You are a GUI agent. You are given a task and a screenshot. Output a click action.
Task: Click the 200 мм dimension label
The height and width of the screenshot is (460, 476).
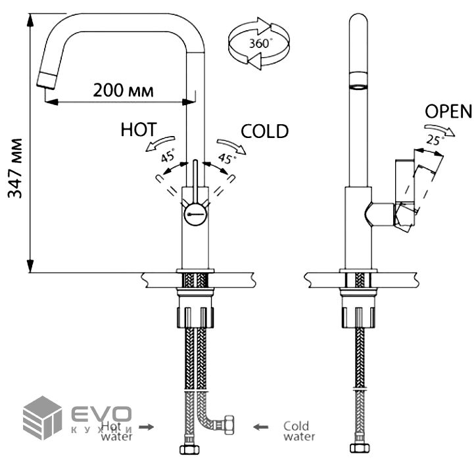click(124, 91)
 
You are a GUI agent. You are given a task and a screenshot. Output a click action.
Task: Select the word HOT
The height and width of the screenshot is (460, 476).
click(139, 129)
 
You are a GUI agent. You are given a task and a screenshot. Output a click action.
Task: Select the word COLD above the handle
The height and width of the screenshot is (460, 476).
click(264, 131)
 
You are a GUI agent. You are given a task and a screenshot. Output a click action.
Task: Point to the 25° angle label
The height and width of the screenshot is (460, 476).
click(433, 139)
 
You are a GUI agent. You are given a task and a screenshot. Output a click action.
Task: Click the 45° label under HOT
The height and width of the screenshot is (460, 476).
click(168, 156)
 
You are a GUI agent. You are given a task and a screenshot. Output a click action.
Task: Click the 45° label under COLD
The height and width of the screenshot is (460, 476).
click(226, 158)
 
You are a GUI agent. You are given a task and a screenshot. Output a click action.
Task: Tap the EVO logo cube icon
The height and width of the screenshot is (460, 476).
click(43, 417)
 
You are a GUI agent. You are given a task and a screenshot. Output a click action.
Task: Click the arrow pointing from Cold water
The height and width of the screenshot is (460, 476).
click(262, 427)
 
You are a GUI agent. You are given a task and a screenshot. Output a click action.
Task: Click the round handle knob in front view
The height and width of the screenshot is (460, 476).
click(195, 214)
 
